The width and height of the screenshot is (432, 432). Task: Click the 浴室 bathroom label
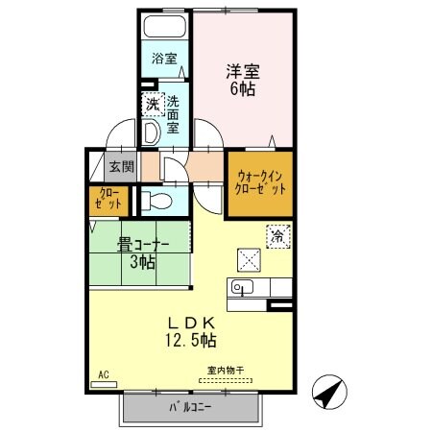pos(162,59)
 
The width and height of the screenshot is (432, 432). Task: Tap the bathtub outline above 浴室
pos(166,27)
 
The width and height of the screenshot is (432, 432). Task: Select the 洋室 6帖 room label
pos(243,78)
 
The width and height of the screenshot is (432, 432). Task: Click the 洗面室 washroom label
pos(173,113)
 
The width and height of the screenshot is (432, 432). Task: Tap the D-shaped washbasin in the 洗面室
pos(152,131)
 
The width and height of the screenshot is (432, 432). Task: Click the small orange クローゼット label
pos(107,201)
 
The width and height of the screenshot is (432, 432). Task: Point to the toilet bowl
pos(159,201)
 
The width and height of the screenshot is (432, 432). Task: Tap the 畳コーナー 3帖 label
pos(139,252)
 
